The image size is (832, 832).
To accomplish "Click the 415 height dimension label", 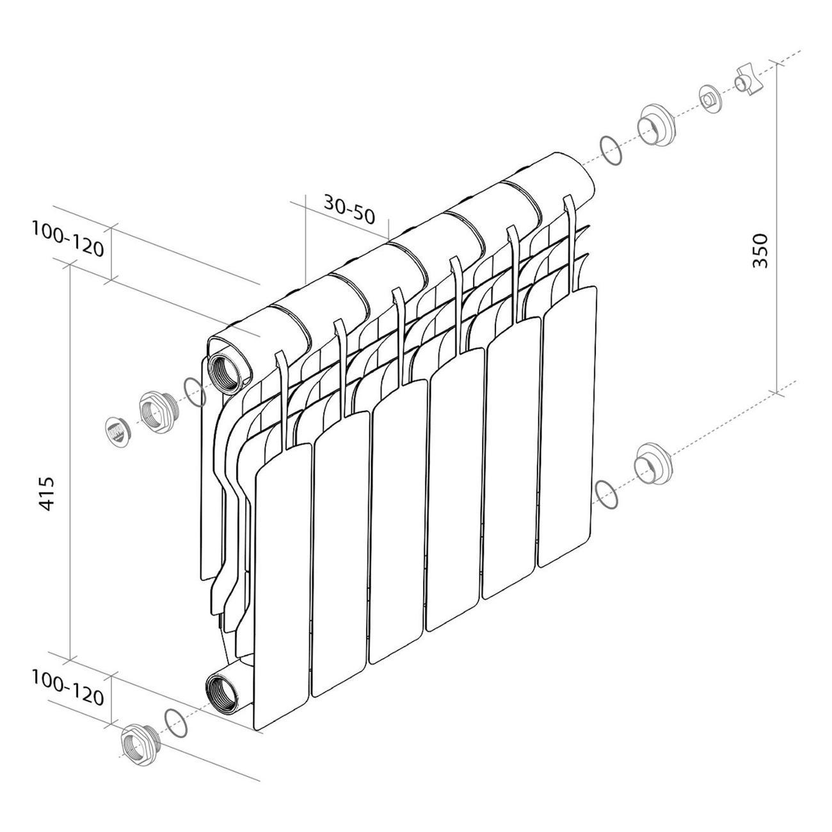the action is (47, 494).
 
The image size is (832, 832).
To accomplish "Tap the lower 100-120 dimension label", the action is (68, 688).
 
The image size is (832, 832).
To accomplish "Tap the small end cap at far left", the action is (117, 431).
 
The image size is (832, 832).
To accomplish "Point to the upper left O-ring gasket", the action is (195, 391).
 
